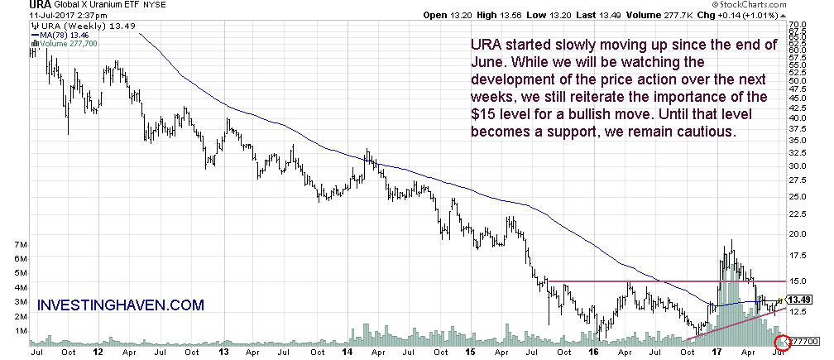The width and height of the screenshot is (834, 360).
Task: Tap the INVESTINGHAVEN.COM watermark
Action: (x=121, y=305)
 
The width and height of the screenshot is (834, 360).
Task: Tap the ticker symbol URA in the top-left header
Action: (x=14, y=5)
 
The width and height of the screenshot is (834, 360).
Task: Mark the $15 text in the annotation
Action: (x=486, y=114)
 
